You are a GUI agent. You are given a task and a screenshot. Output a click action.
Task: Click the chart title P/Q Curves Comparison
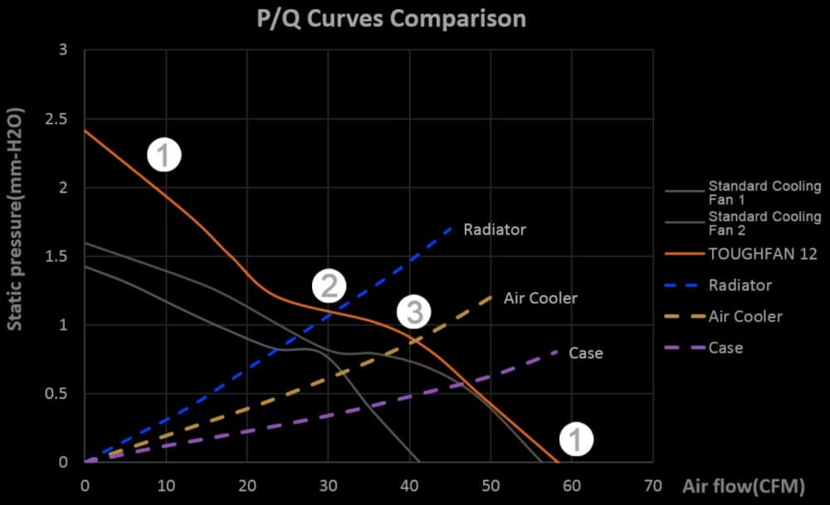tap(390, 19)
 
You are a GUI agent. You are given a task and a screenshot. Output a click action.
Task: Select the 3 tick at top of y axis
tap(64, 51)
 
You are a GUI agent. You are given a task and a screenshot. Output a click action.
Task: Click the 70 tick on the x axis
tap(652, 485)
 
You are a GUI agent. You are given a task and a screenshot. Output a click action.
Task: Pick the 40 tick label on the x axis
tap(409, 485)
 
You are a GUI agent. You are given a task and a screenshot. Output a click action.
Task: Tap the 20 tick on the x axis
tap(247, 485)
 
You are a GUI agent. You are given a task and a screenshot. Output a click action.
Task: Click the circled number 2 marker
tap(329, 286)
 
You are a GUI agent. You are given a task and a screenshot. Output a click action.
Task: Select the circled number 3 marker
tap(413, 312)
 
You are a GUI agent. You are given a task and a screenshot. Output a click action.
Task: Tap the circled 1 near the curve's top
tap(164, 154)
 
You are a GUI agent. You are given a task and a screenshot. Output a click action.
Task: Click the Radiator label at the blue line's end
tap(495, 230)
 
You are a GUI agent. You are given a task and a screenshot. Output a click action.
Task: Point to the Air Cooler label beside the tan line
tap(540, 298)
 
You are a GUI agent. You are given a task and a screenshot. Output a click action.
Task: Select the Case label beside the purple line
tap(585, 353)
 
